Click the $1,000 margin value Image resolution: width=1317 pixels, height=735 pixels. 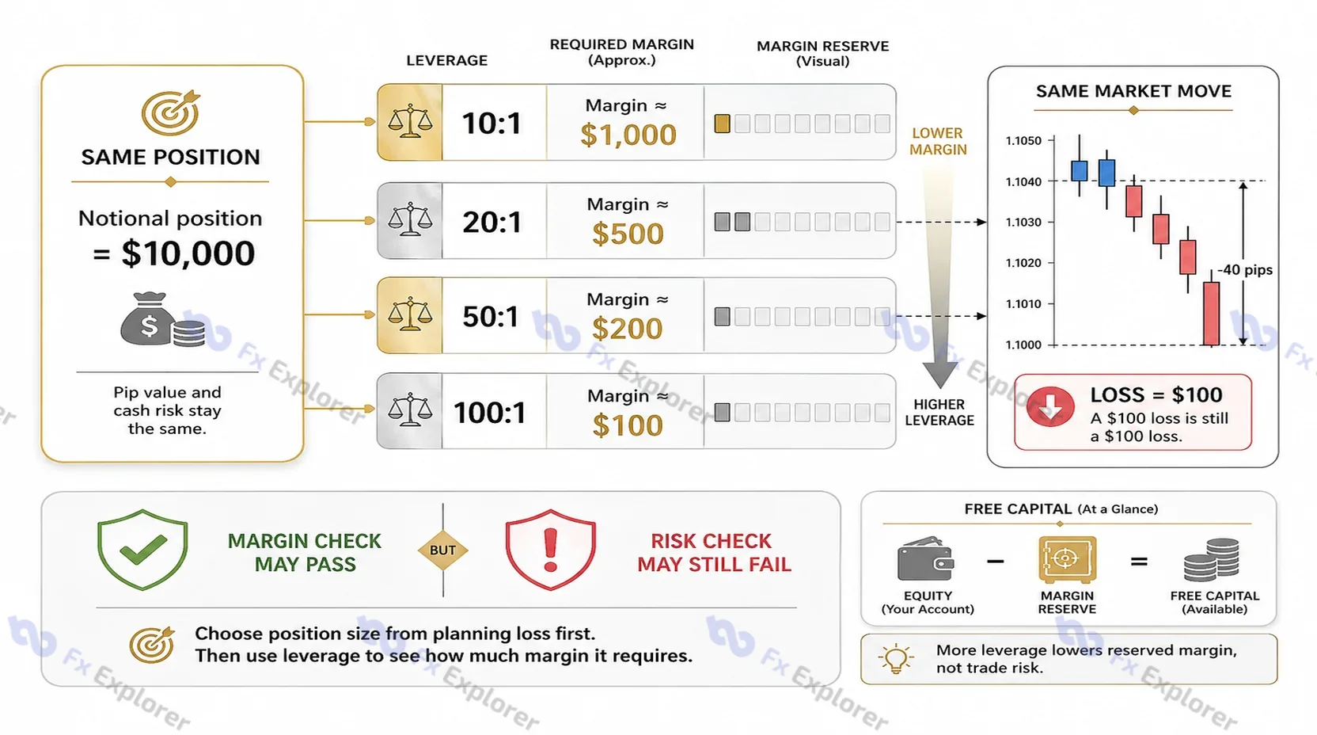click(x=628, y=135)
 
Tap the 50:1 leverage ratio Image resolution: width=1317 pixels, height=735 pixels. click(x=491, y=317)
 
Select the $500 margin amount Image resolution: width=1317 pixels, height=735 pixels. click(x=628, y=234)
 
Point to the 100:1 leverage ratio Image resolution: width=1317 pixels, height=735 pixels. click(x=490, y=413)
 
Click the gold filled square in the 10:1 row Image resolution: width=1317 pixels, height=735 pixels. click(x=722, y=124)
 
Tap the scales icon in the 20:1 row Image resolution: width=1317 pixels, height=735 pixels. click(x=410, y=220)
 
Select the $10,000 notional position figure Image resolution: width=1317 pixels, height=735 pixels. click(x=188, y=253)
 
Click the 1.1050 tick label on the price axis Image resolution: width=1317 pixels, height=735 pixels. click(x=1023, y=141)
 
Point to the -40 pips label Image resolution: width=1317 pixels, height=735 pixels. click(x=1245, y=270)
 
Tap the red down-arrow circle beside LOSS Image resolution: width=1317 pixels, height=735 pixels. click(x=1050, y=406)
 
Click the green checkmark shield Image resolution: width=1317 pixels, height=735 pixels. click(x=142, y=550)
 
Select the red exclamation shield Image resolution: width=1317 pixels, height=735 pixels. click(x=550, y=550)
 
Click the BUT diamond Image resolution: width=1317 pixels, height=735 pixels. click(x=442, y=550)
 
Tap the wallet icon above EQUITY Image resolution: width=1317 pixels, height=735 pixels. click(x=926, y=558)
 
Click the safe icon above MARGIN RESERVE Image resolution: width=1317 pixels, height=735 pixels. click(x=1067, y=559)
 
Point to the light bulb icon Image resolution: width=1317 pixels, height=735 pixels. click(x=895, y=658)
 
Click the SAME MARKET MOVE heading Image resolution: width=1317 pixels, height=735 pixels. click(x=1133, y=91)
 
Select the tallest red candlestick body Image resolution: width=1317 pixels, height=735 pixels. click(x=1211, y=313)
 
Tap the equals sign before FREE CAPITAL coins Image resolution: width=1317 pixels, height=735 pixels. click(x=1139, y=562)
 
